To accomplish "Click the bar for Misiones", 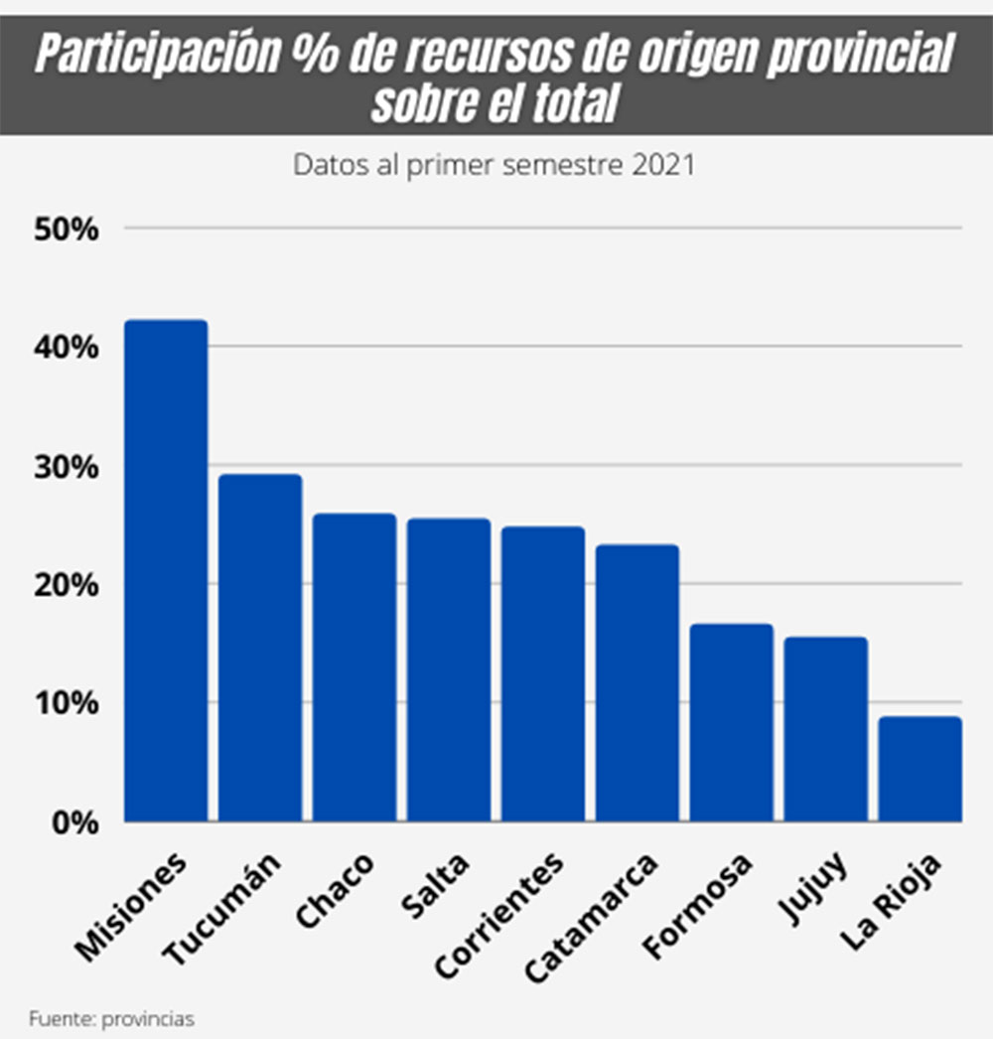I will tap(166, 571).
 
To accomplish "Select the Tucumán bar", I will tap(260, 648).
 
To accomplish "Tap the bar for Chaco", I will tap(355, 668).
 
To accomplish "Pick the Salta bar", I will tap(449, 670).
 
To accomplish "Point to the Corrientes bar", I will tap(543, 674).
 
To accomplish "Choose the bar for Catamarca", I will tap(638, 683).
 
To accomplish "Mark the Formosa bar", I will tap(732, 723).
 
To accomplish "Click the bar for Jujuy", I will tap(826, 729).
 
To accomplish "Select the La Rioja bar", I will tap(921, 769).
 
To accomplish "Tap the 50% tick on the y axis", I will tap(68, 229).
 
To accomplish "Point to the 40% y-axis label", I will tap(68, 348).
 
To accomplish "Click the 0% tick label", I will tap(74, 822).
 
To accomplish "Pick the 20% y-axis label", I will tap(68, 585).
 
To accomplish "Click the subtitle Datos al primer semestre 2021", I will tap(494, 165).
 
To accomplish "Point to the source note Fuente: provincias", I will tap(111, 1018).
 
